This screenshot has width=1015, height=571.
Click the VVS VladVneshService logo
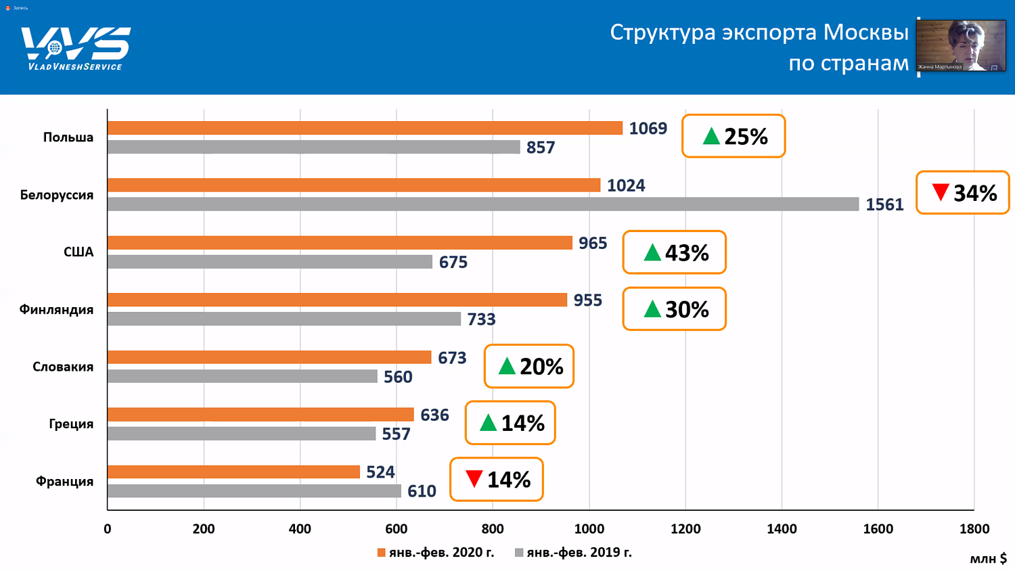(75, 47)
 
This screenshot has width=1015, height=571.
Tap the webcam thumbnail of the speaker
(961, 45)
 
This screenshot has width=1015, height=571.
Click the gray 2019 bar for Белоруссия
(482, 204)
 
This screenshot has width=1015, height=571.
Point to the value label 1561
(884, 204)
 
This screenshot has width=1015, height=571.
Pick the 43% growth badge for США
(674, 252)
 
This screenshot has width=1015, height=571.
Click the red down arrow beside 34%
(940, 192)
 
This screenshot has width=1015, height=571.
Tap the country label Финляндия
(56, 310)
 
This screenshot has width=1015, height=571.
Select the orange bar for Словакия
(269, 357)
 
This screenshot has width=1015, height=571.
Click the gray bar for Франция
(254, 491)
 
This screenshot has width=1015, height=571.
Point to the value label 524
(380, 472)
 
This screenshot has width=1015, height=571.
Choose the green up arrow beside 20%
(507, 367)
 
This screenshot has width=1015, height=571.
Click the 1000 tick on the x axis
(589, 529)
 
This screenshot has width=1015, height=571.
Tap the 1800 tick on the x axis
(974, 529)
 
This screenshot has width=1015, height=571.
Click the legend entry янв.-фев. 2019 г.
(573, 553)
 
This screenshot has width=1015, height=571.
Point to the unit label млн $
(988, 559)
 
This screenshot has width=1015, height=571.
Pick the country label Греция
(71, 424)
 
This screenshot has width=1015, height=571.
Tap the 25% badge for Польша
(734, 137)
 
